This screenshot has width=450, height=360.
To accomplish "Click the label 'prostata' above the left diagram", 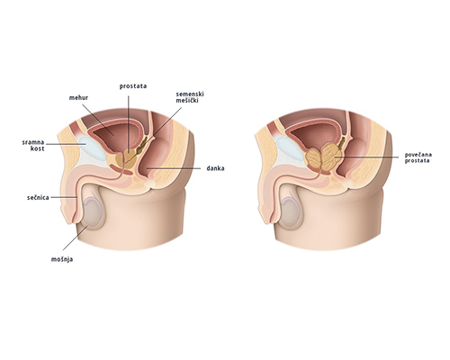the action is point(133,86).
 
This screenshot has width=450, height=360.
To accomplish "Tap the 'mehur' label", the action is point(78,98).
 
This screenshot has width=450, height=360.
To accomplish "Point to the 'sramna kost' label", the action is point(33,145).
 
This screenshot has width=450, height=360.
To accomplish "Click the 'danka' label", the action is point(215,168).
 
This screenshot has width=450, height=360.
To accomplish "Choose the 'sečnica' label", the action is point(38,198).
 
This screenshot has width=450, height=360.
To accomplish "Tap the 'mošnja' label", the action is point(62,259).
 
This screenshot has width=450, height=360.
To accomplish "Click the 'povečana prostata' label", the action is point(418,157).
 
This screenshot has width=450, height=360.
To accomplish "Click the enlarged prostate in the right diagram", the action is point(322,157).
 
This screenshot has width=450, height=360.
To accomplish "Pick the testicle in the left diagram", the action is point(92,213).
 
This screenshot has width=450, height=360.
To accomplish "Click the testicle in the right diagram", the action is point(290,213).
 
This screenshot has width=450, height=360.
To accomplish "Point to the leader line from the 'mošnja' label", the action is point(76,238).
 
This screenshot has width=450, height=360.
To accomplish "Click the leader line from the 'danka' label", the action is point(173,168).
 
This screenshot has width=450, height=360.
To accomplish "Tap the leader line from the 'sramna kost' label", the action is point(66,144).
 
